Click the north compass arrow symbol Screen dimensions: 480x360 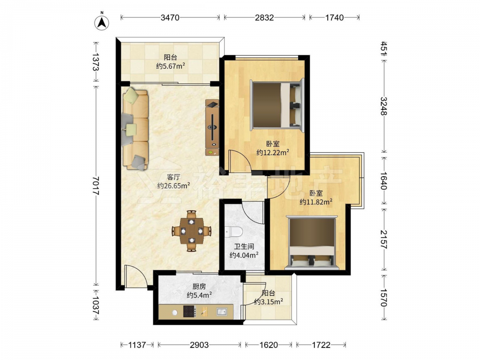tap(102, 22)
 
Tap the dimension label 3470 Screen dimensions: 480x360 tap(170, 18)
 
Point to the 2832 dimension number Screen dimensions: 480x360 tap(264, 18)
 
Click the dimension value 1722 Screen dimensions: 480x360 tap(321, 345)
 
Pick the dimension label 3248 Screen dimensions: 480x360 tap(384, 106)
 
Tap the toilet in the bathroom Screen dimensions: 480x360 tap(234, 232)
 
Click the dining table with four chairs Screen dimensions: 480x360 tap(192, 231)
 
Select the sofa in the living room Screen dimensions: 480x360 tap(135, 129)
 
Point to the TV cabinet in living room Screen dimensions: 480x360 tap(212, 127)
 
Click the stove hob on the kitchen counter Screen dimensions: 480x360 tap(190, 312)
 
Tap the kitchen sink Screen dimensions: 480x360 tap(222, 312)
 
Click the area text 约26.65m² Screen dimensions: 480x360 tap(174, 185)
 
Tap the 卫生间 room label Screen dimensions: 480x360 tap(244, 246)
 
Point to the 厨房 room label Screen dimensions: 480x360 tap(199, 287)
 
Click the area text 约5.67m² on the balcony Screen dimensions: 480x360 tap(170, 66)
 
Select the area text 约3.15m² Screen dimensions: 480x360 tap(269, 302)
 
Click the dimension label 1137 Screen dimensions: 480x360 tap(137, 345)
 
